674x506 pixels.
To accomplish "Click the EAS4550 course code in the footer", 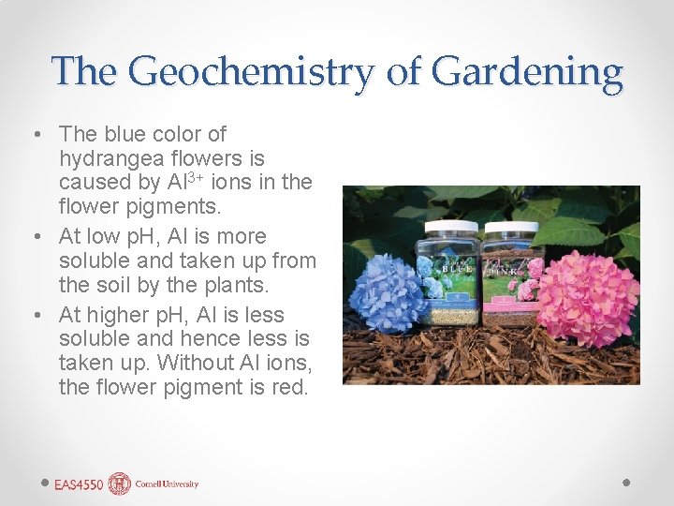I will click(78, 484).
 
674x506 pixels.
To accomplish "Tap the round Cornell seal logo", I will click(120, 484).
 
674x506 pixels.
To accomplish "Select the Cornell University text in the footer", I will click(167, 484).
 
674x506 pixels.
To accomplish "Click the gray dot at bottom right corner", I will click(626, 484).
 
